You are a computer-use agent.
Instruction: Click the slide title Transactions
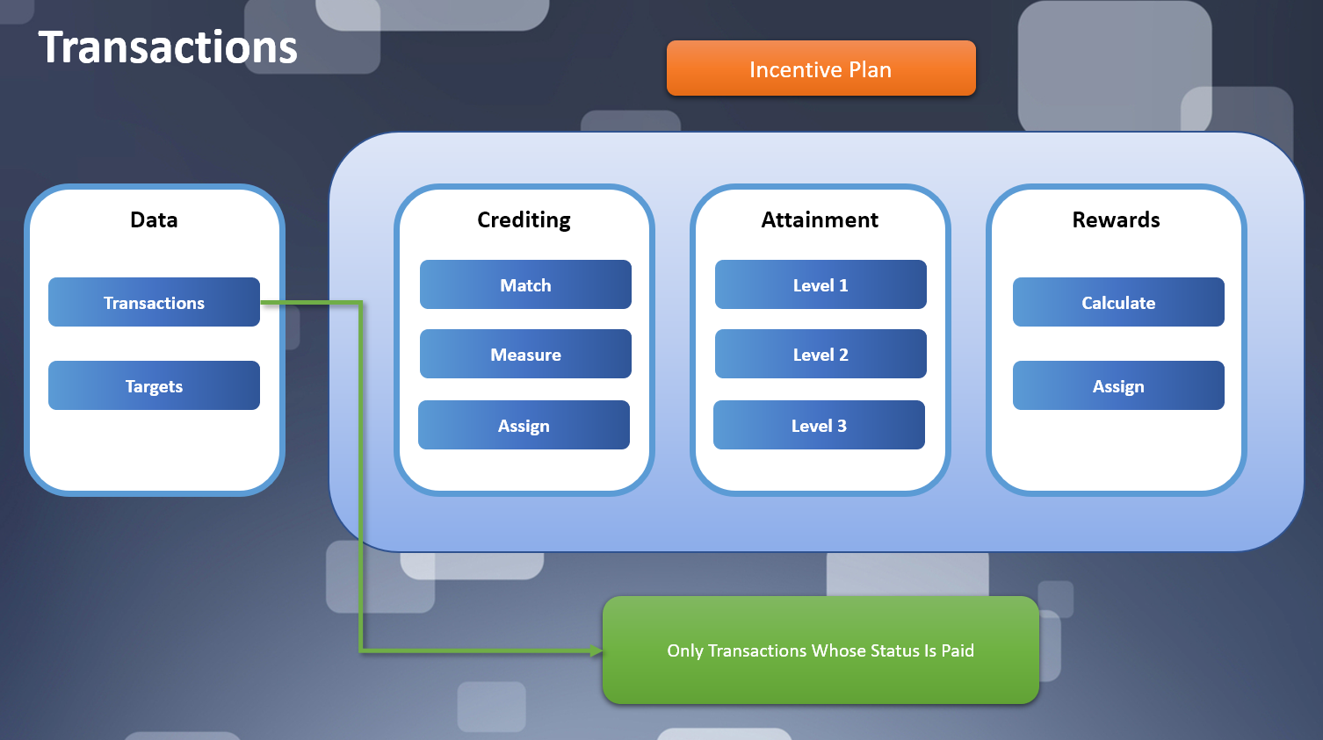pos(168,47)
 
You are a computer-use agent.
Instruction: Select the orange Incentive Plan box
pos(821,68)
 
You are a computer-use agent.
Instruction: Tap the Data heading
pos(154,219)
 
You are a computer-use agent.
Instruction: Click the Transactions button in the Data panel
pos(154,303)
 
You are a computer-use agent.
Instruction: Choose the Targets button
pos(154,386)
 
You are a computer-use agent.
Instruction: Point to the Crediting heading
pos(524,219)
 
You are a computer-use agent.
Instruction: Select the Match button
pos(525,285)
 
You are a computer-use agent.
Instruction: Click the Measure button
pos(525,355)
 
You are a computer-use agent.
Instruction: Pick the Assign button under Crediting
pos(524,426)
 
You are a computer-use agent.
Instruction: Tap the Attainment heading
pos(820,219)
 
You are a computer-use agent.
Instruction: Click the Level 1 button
pos(821,285)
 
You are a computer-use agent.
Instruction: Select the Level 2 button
pos(821,355)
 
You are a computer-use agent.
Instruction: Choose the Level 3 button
pos(819,426)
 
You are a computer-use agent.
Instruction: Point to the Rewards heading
pos(1116,219)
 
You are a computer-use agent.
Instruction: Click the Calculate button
pos(1118,303)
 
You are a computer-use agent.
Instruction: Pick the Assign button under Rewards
pos(1118,386)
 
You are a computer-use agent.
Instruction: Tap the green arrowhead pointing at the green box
pos(596,650)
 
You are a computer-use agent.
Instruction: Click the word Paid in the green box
pos(958,650)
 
